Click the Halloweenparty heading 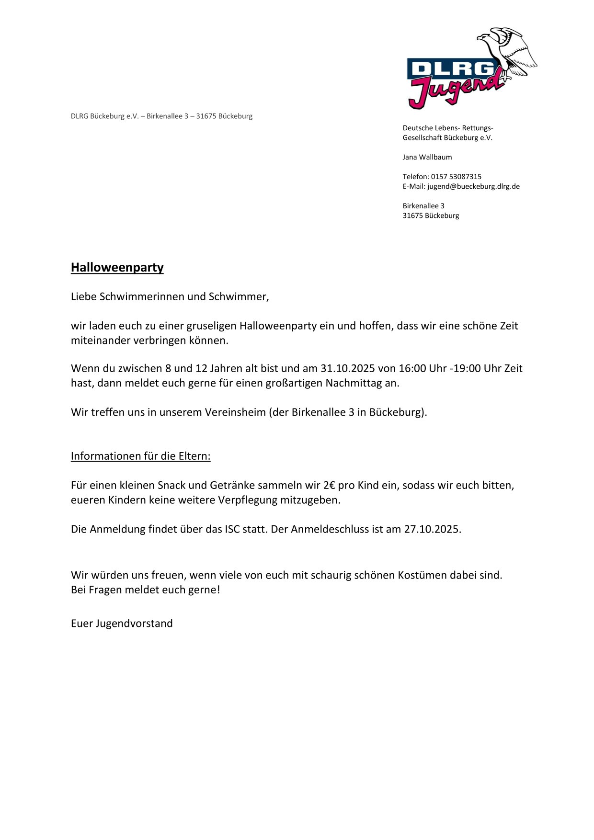(x=117, y=267)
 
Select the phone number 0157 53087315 (x=456, y=177)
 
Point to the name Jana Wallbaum (x=427, y=157)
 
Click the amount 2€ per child (x=329, y=485)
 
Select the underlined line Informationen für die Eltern (x=140, y=456)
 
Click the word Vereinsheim (x=235, y=412)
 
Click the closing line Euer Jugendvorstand (x=122, y=624)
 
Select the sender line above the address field (x=161, y=116)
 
